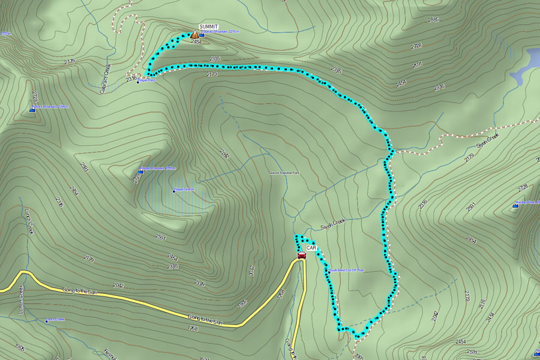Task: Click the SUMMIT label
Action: [209, 27]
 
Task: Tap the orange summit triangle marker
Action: [195, 35]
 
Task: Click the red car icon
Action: [302, 255]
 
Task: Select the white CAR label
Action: [311, 247]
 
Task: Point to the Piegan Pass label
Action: [147, 80]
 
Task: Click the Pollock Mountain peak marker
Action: [32, 110]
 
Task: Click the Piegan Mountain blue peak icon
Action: [140, 171]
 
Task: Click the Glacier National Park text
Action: [283, 173]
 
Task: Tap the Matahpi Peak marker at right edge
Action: [515, 205]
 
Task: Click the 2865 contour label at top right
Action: [433, 20]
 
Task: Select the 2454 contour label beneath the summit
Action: [196, 42]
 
